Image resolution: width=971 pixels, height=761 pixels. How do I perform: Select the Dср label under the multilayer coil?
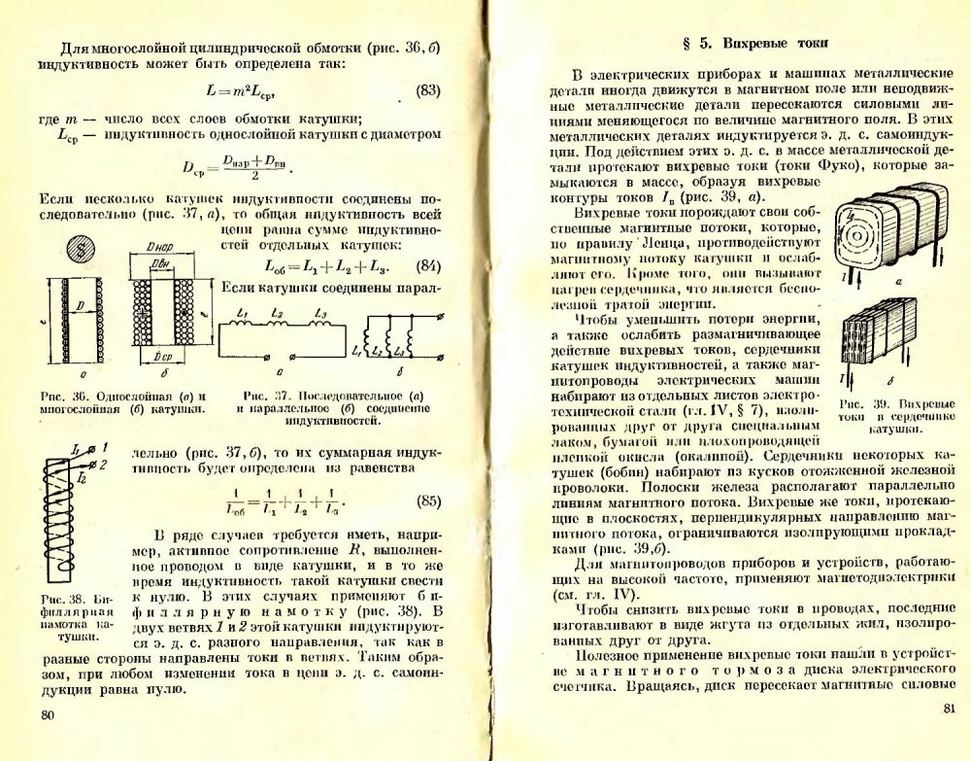point(164,359)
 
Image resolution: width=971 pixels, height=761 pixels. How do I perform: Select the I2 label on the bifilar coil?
point(81,479)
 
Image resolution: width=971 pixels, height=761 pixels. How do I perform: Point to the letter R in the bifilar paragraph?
point(353,548)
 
